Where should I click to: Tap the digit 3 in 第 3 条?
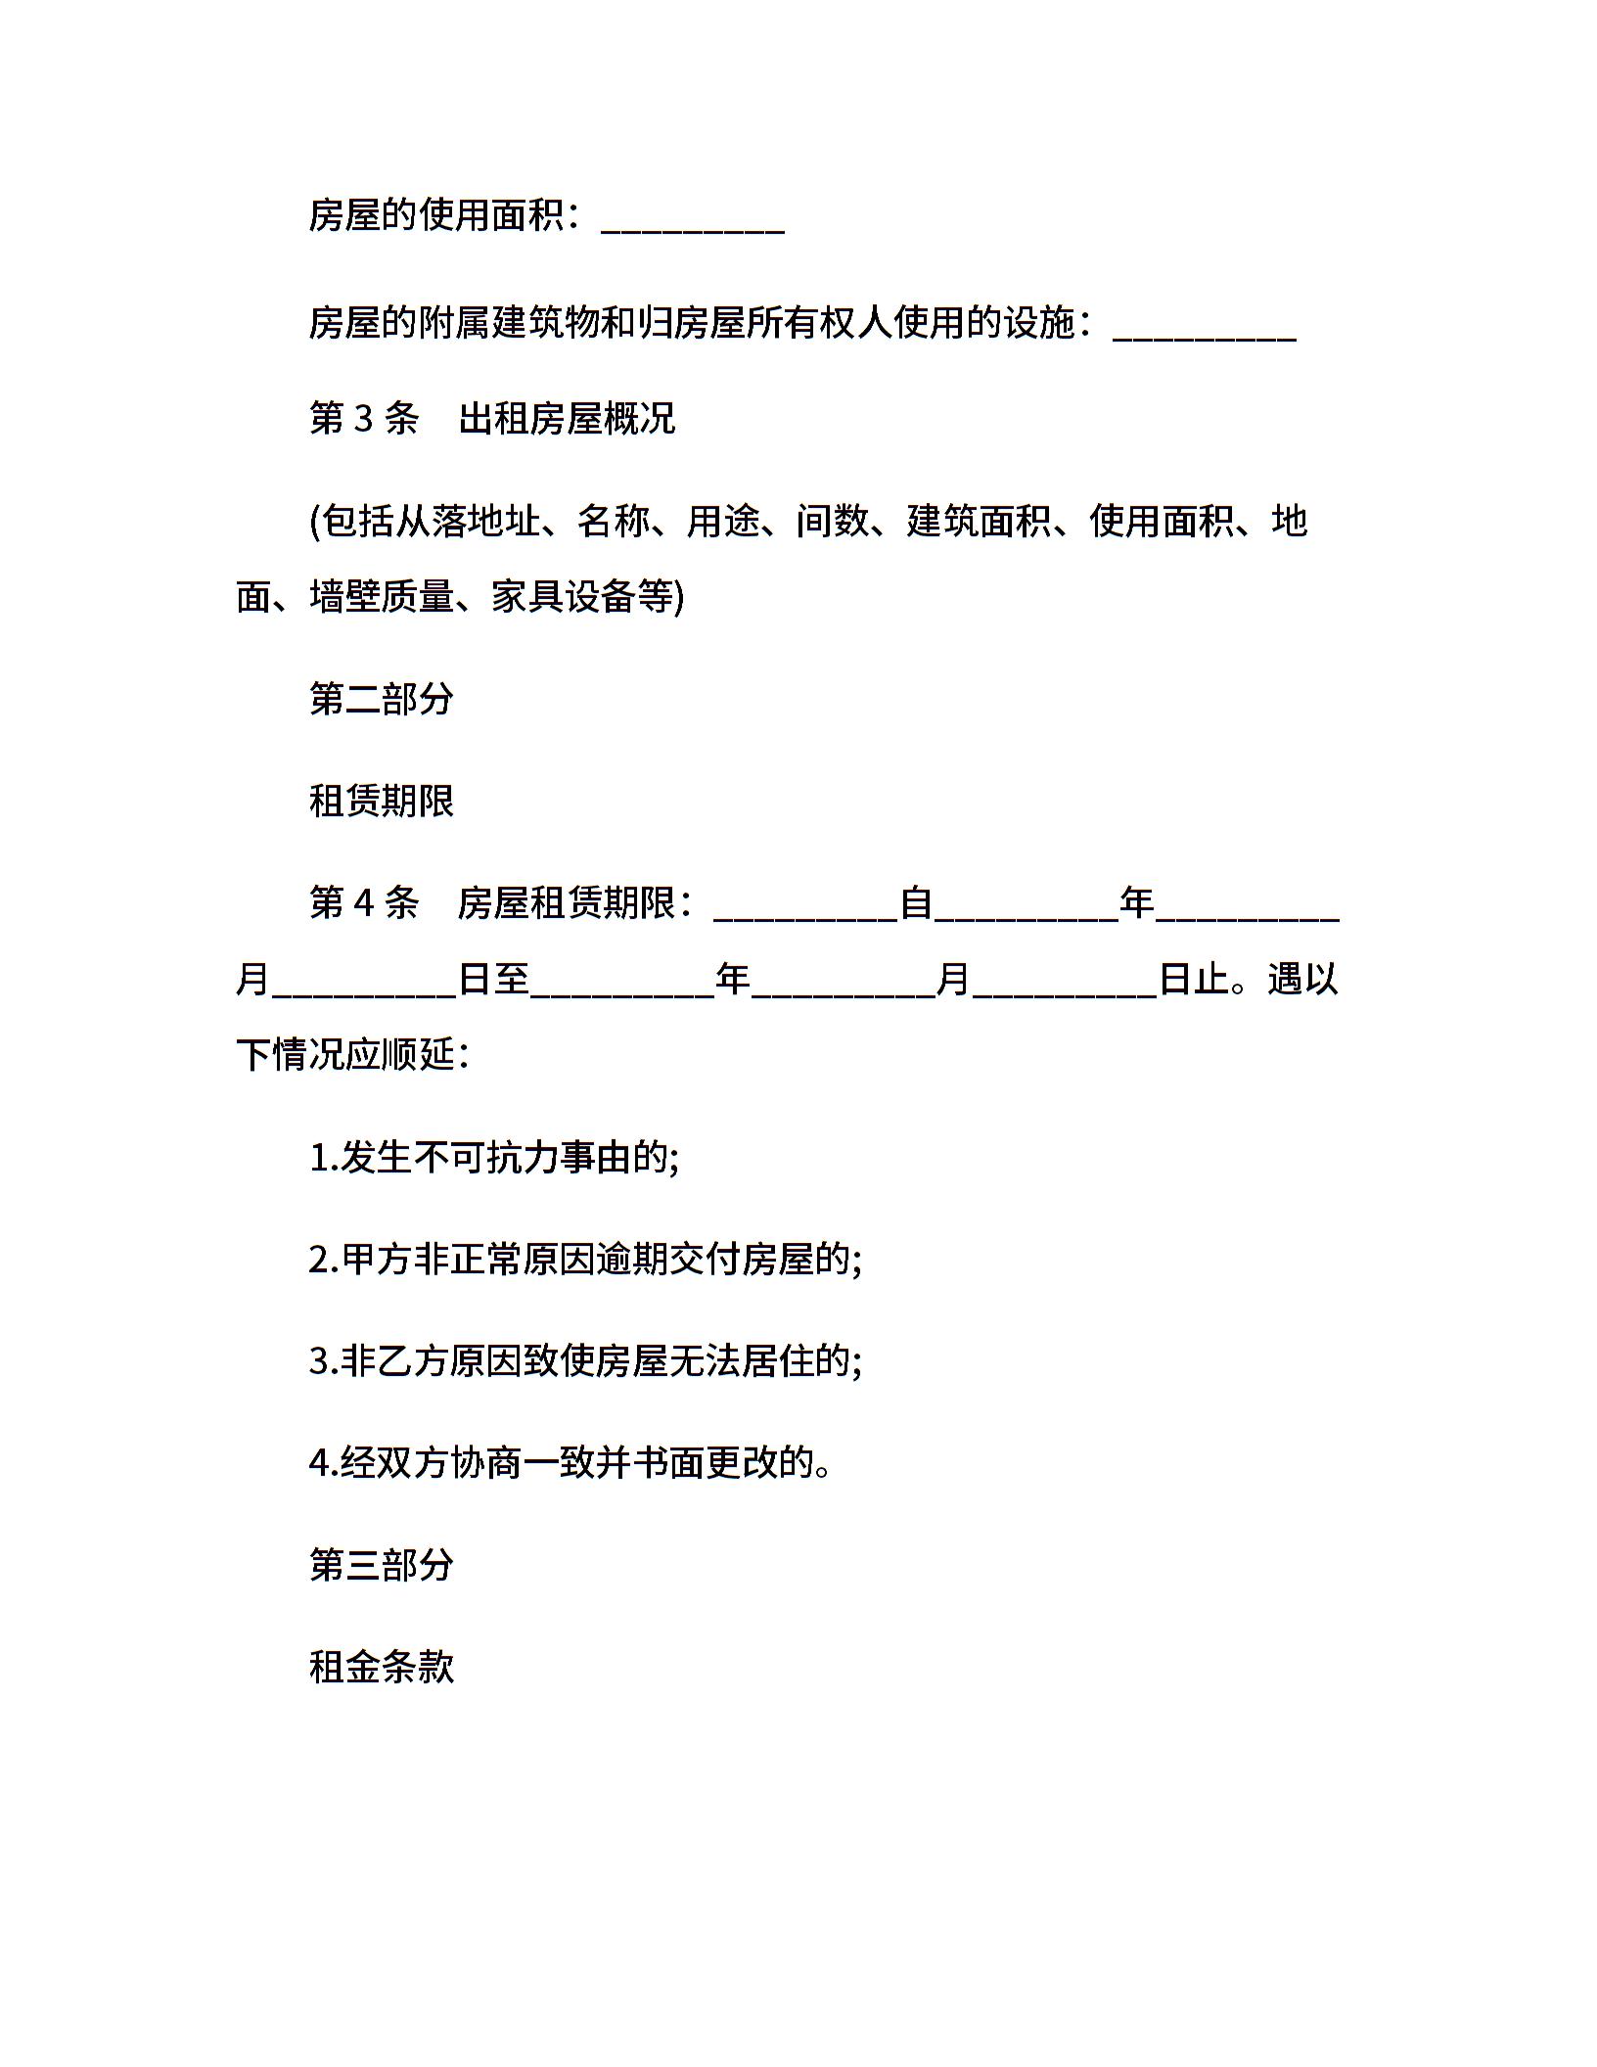[x=362, y=419]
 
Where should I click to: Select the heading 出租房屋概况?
[x=567, y=419]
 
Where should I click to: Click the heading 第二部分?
[x=382, y=699]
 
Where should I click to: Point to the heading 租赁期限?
[x=382, y=801]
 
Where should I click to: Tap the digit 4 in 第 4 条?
[x=362, y=902]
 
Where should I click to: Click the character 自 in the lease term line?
[x=916, y=902]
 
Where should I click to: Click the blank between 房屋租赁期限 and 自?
[x=806, y=910]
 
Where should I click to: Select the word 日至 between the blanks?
[x=494, y=979]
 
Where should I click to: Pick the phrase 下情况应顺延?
[x=344, y=1055]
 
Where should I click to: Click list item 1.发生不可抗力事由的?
[x=494, y=1158]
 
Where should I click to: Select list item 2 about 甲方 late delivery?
[x=585, y=1260]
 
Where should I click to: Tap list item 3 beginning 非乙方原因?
[x=585, y=1361]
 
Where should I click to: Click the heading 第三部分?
[x=382, y=1565]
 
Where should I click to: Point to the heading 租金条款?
[x=382, y=1667]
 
